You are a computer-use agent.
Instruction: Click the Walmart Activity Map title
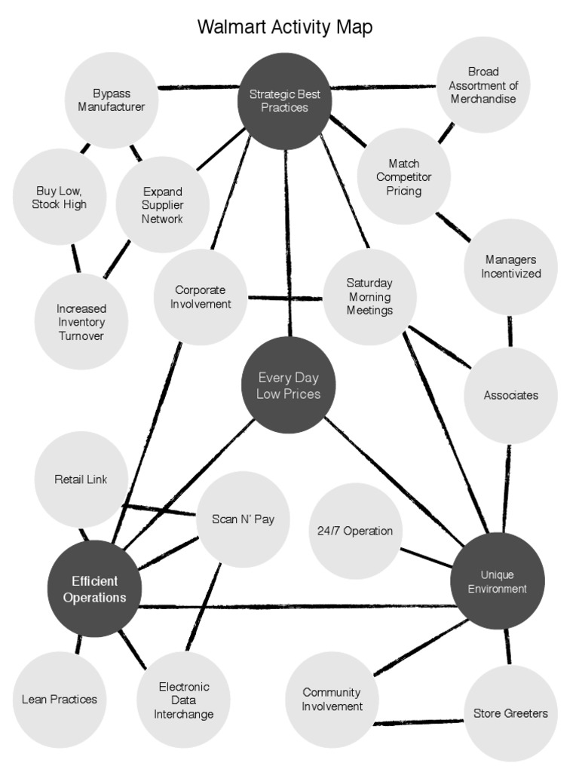coord(284,28)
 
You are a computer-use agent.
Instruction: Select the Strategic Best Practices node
coord(285,101)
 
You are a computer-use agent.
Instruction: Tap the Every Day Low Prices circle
coord(288,385)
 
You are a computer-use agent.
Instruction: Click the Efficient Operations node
coord(94,589)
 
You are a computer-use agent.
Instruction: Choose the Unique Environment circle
coord(497,581)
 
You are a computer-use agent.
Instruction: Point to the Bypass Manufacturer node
coord(112,100)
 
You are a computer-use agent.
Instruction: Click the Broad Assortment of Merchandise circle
coord(483,85)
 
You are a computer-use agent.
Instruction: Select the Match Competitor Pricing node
coord(403,177)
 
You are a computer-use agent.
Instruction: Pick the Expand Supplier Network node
coord(163,205)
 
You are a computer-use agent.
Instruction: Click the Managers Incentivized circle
coord(510,267)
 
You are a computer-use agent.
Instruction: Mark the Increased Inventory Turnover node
coord(81,322)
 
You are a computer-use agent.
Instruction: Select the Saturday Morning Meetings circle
coord(369,297)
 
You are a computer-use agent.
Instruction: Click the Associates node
coord(510,395)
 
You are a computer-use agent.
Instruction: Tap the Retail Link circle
coord(81,479)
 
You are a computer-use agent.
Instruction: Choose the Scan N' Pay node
coord(243,519)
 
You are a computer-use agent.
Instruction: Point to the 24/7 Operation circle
coord(355,531)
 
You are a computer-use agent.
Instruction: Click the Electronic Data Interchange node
coord(184,700)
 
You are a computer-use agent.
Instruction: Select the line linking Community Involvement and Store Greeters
coord(419,722)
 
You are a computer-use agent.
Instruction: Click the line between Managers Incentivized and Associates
coord(510,331)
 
